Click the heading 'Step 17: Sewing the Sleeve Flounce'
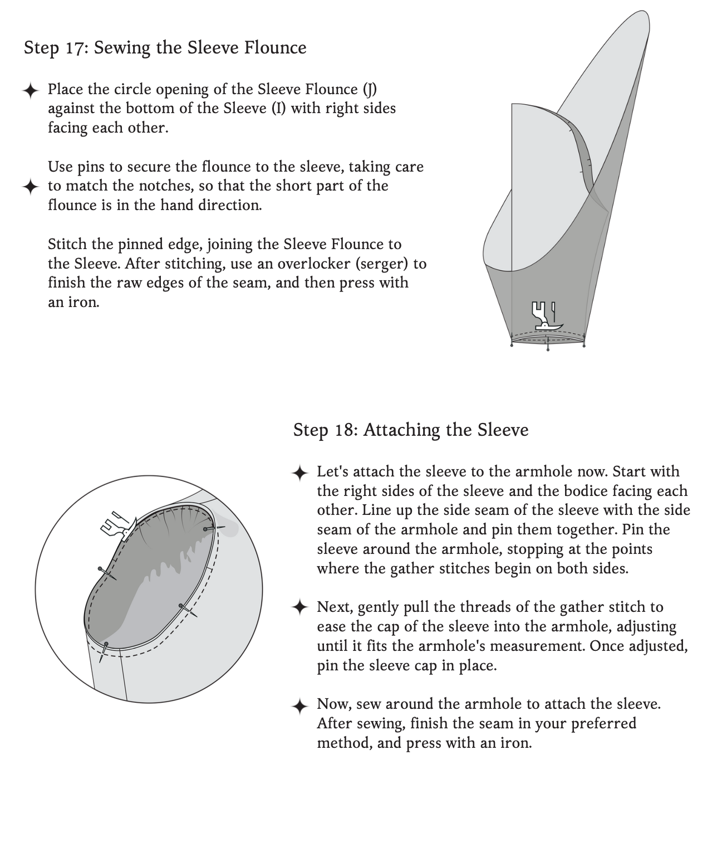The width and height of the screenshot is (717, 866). click(165, 48)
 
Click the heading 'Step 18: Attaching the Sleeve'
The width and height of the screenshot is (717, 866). click(410, 430)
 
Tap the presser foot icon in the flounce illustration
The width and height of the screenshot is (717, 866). click(546, 317)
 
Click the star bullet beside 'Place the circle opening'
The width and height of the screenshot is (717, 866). click(31, 90)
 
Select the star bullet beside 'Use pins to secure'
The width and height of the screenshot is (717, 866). click(31, 187)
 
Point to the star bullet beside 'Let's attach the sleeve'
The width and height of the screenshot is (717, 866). click(299, 473)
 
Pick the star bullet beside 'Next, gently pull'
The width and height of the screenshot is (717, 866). click(299, 608)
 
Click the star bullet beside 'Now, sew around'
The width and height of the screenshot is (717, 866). click(299, 706)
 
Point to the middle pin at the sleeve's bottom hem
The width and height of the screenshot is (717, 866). click(548, 347)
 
